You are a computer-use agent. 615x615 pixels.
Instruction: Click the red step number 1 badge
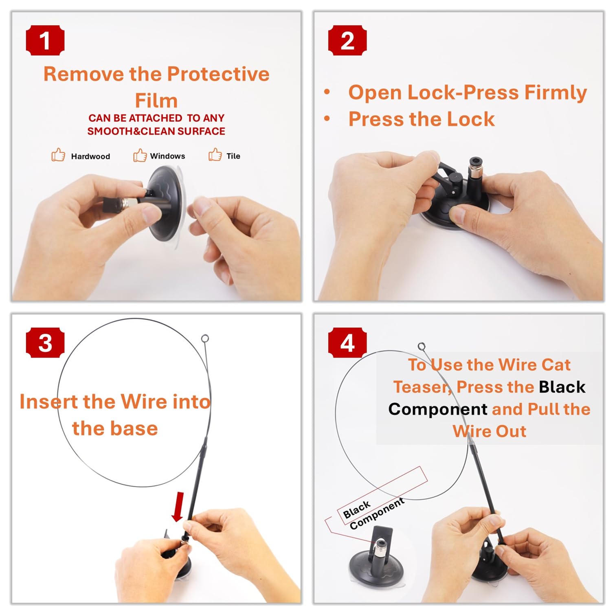pyautogui.click(x=45, y=40)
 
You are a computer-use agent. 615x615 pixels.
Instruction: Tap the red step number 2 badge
pyautogui.click(x=347, y=40)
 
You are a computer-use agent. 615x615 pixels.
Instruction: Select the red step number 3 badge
pyautogui.click(x=45, y=343)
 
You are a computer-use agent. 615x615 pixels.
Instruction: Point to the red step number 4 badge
pyautogui.click(x=347, y=343)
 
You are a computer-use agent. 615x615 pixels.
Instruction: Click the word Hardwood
pyautogui.click(x=90, y=156)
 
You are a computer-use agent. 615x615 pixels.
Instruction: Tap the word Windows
pyautogui.click(x=167, y=156)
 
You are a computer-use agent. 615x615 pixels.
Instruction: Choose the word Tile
pyautogui.click(x=233, y=156)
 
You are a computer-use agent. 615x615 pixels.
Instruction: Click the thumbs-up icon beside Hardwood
pyautogui.click(x=58, y=155)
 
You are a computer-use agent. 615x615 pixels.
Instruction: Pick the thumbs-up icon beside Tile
pyautogui.click(x=215, y=154)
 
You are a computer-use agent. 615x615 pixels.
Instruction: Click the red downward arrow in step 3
pyautogui.click(x=178, y=507)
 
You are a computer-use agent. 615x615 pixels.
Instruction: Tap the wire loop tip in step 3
pyautogui.click(x=205, y=338)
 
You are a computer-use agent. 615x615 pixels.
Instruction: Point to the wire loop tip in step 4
pyautogui.click(x=422, y=347)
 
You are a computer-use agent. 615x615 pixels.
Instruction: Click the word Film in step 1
pyautogui.click(x=156, y=100)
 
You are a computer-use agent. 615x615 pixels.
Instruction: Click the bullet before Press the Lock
pyautogui.click(x=327, y=119)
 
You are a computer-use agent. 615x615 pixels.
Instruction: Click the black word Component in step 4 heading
pyautogui.click(x=438, y=409)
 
